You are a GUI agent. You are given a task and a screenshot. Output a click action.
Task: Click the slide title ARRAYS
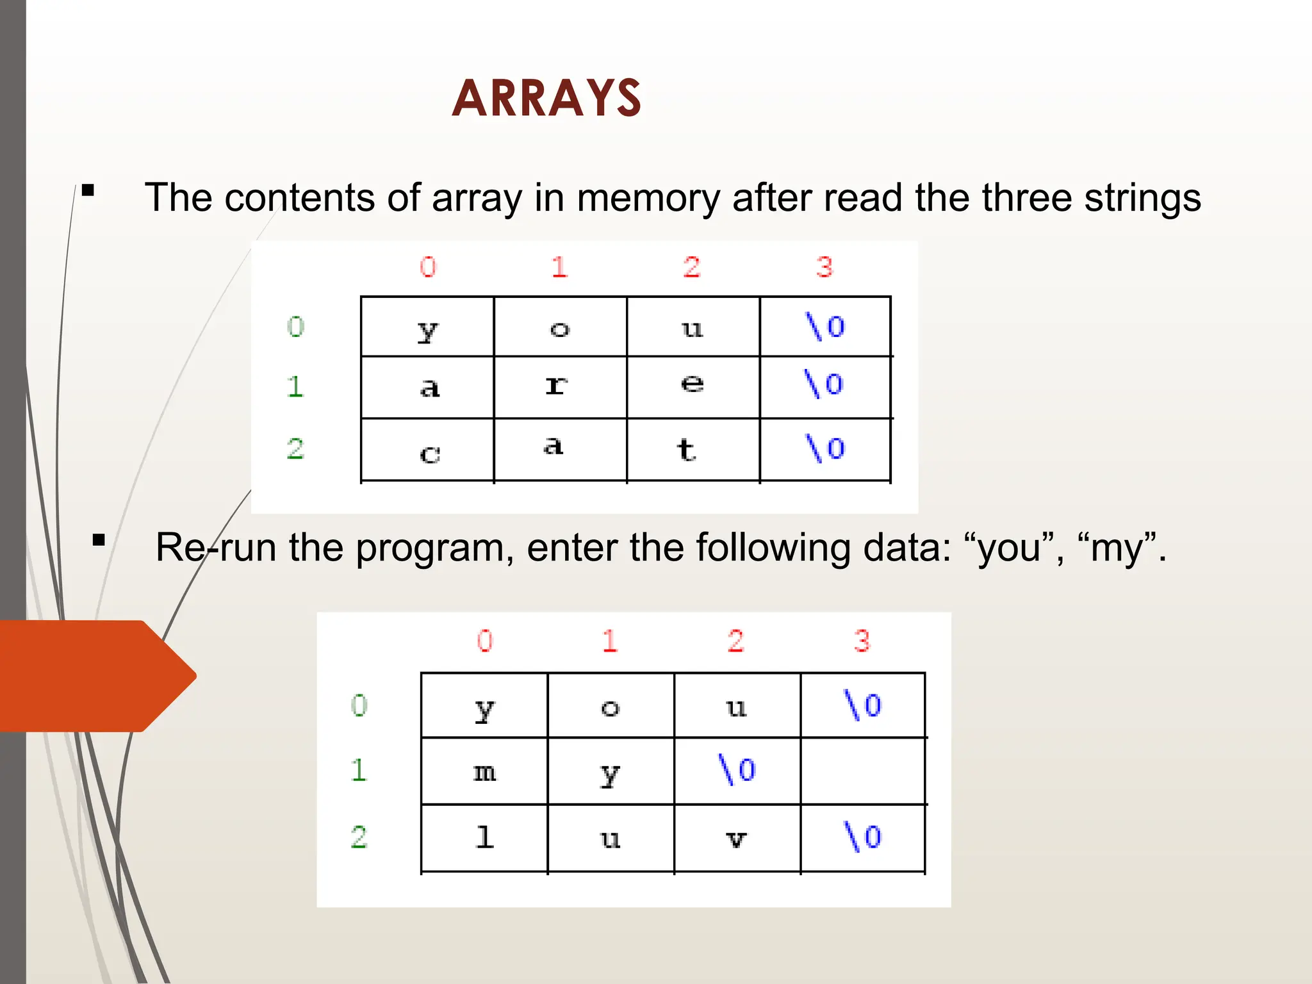(546, 99)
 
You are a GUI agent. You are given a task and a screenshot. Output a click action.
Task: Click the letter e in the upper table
(692, 384)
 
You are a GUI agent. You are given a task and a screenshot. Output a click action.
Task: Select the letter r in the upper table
(556, 385)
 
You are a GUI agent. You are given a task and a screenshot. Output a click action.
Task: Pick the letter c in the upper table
(430, 454)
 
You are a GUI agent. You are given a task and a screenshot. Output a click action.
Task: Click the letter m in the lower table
(484, 773)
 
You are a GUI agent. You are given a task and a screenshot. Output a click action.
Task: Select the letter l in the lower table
(485, 837)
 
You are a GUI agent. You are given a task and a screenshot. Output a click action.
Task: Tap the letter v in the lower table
(737, 839)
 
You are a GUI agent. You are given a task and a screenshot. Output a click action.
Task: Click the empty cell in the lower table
(862, 771)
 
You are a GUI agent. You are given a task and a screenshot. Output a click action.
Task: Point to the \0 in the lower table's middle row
(737, 769)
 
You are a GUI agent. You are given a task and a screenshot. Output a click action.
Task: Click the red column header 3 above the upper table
(824, 267)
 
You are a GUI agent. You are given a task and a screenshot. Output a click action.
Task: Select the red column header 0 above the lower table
(485, 641)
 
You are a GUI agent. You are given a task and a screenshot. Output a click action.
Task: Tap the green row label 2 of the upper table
(295, 449)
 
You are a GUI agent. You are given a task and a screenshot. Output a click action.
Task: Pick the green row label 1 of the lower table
(359, 770)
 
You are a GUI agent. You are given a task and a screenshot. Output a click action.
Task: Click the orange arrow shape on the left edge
(96, 676)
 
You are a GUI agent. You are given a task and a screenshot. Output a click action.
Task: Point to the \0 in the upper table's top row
(825, 327)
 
